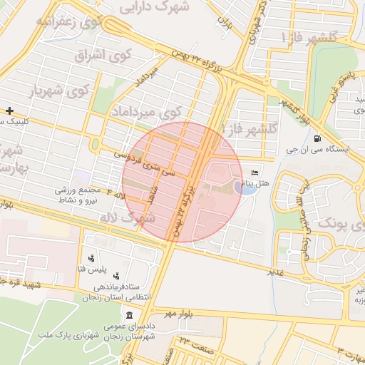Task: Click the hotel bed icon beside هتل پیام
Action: point(255,173)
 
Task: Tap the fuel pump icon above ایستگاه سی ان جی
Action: point(316,139)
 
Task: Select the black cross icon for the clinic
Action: point(9,110)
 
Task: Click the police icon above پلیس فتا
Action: point(91,258)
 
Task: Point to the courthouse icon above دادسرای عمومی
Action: point(128,316)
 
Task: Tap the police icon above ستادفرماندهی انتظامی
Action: point(116,275)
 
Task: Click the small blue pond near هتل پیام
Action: point(246,187)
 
